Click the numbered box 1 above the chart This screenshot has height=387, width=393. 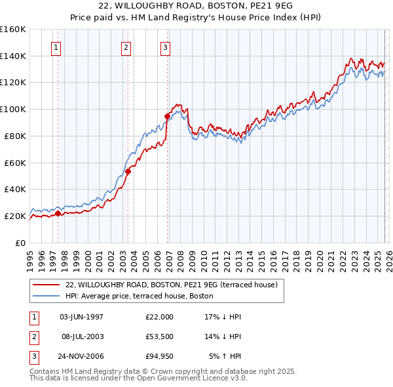click(56, 47)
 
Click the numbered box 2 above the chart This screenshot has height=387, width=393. click(126, 47)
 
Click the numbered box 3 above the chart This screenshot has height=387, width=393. click(166, 47)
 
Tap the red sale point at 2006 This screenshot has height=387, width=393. click(167, 116)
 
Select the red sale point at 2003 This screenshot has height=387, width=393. click(128, 171)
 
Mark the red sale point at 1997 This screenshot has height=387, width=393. click(58, 213)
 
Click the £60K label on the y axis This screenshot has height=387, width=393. click(15, 162)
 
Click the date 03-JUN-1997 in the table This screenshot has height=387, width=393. click(81, 317)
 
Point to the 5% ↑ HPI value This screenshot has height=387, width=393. click(225, 356)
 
